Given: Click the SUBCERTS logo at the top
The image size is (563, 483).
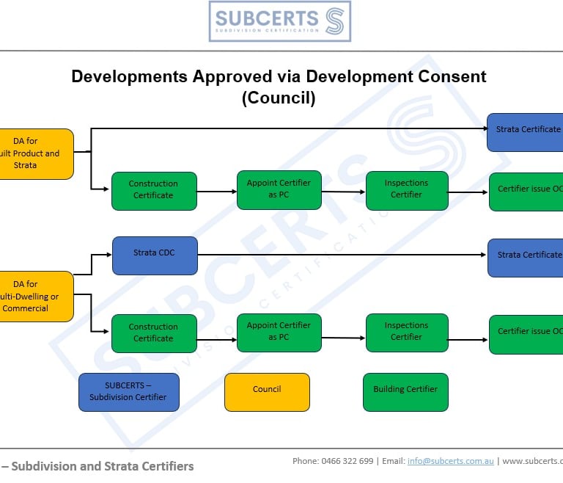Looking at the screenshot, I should (x=279, y=21).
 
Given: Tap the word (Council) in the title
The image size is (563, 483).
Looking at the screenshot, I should (x=279, y=98).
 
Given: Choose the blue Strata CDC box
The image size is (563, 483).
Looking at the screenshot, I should (x=155, y=255).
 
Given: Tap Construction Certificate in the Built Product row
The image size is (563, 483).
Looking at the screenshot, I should (x=154, y=190).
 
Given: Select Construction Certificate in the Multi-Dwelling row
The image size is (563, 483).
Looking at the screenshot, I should (x=154, y=333).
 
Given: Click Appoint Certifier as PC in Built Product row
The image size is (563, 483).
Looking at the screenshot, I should (x=279, y=189).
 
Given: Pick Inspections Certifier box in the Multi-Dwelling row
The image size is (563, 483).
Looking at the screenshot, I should (x=406, y=332).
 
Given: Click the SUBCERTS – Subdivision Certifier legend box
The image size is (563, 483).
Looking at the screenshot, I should (x=128, y=391).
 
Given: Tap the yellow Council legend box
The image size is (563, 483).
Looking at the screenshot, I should (x=267, y=391).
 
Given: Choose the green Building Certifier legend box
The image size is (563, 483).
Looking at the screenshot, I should (x=405, y=391).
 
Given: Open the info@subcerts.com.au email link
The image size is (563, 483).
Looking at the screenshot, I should (x=450, y=461).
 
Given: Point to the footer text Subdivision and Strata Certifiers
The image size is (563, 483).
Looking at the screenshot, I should (x=103, y=466).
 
